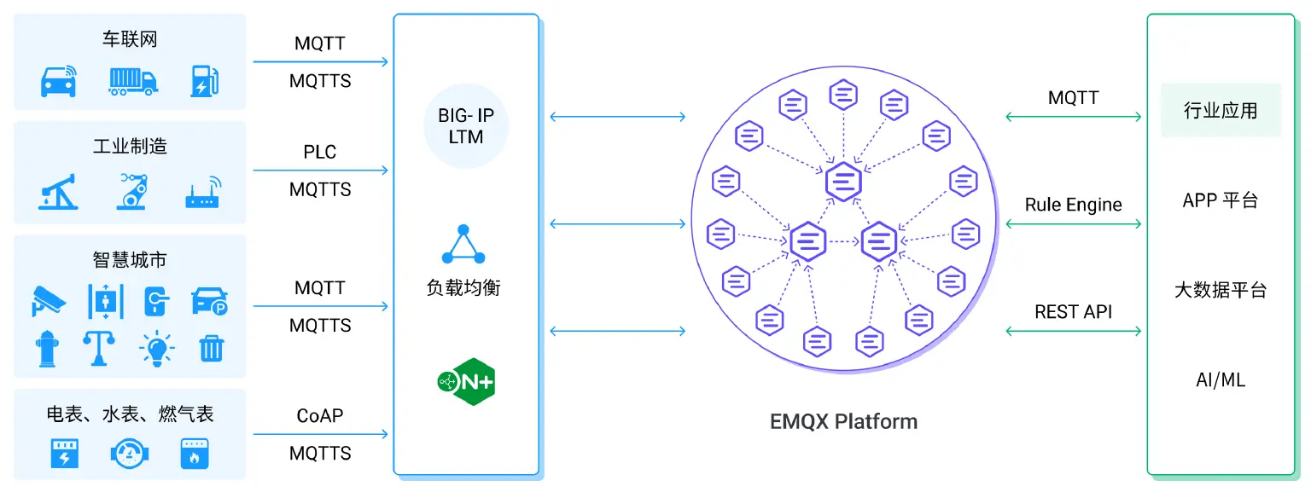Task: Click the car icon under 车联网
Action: coord(59,80)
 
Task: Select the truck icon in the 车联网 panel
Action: coord(132,80)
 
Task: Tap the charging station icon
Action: coord(204,80)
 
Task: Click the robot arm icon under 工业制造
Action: coord(132,192)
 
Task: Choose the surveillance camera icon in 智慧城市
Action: coord(49,300)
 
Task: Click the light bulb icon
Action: coord(156,348)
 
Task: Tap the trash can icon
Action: coord(211,348)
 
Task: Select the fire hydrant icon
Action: coord(47,348)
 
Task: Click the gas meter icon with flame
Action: coord(195,453)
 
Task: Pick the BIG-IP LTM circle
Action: coord(466,126)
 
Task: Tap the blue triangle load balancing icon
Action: coord(463,245)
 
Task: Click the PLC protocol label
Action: coord(320,153)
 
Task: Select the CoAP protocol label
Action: coord(320,416)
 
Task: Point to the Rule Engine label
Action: coord(1073,205)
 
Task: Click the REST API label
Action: coord(1073,312)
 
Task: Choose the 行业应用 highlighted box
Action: coord(1220,110)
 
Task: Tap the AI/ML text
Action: coord(1220,380)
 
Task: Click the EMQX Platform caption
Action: coord(842,421)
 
